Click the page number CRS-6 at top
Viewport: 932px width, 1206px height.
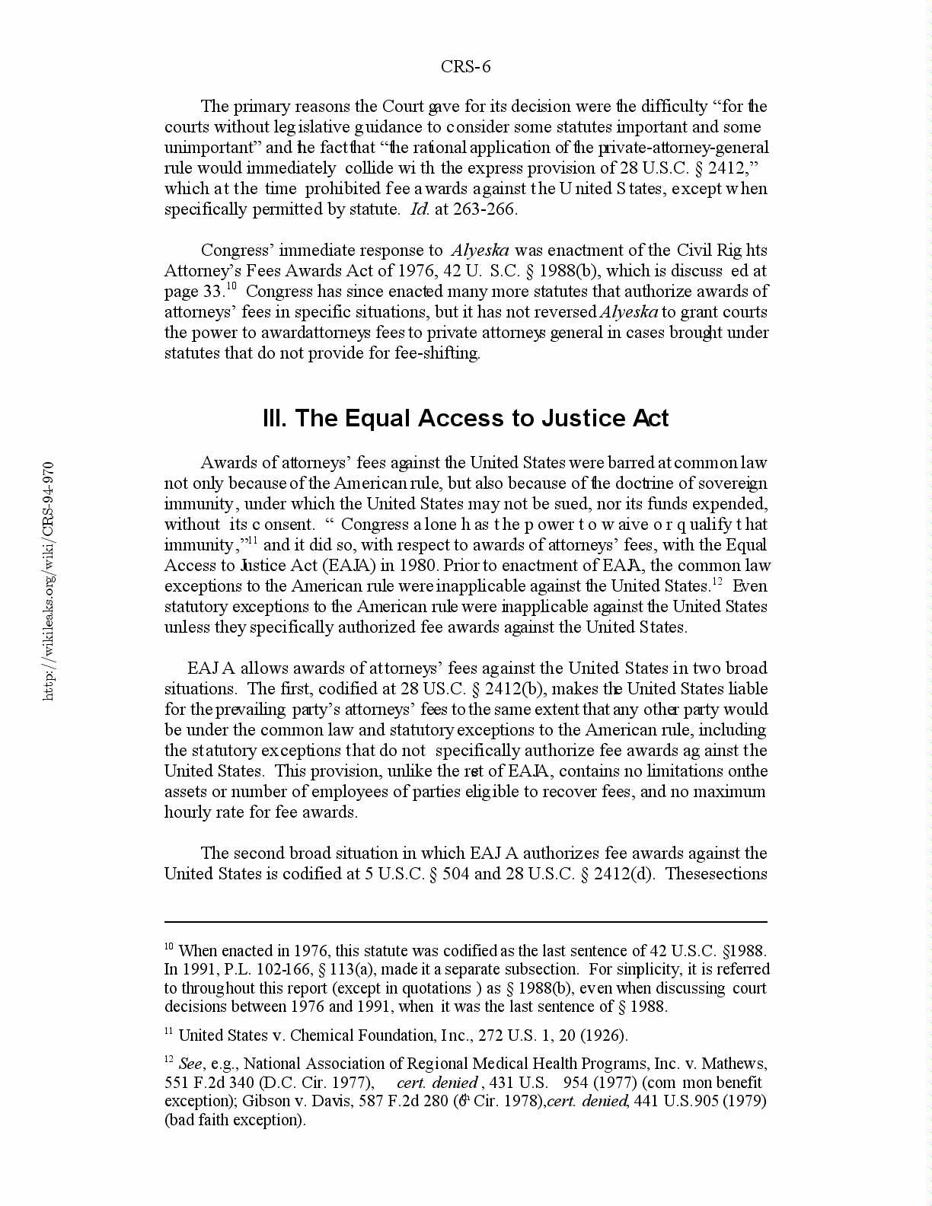(x=465, y=67)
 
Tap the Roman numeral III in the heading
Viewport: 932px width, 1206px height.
(x=274, y=419)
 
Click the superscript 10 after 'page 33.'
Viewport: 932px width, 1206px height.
(x=231, y=287)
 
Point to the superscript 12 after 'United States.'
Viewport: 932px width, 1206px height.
(x=717, y=582)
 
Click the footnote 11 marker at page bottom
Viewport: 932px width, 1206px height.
(x=169, y=1032)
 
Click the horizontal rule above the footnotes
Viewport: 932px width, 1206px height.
(x=465, y=922)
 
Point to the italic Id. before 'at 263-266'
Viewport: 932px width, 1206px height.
(x=420, y=209)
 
